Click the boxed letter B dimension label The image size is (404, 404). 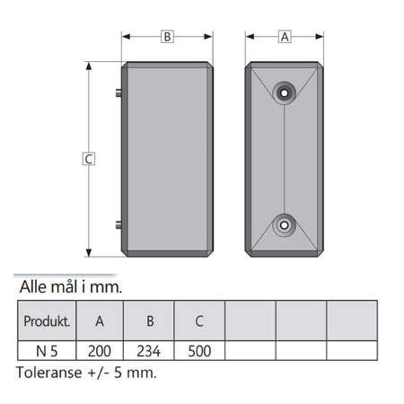[x=167, y=37]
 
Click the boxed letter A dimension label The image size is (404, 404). [x=285, y=37]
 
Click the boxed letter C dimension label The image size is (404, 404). [x=89, y=159]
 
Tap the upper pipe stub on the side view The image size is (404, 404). [x=119, y=92]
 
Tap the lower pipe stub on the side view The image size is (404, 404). [x=119, y=224]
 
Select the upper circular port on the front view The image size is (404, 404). [x=284, y=93]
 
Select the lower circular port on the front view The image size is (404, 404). [x=284, y=225]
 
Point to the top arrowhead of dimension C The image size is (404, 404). [x=89, y=66]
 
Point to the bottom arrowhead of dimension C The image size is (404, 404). [x=89, y=252]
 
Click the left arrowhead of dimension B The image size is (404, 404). [x=126, y=37]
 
